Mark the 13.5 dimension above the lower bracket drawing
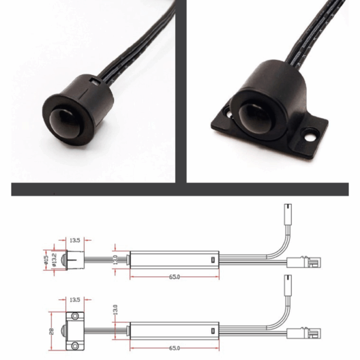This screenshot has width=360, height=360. pyautogui.click(x=75, y=299)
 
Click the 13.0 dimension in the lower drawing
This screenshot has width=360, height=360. pyautogui.click(x=116, y=311)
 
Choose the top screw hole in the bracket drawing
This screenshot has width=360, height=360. pyautogui.click(x=75, y=316)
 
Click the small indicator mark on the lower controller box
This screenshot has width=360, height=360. pyautogui.click(x=211, y=331)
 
